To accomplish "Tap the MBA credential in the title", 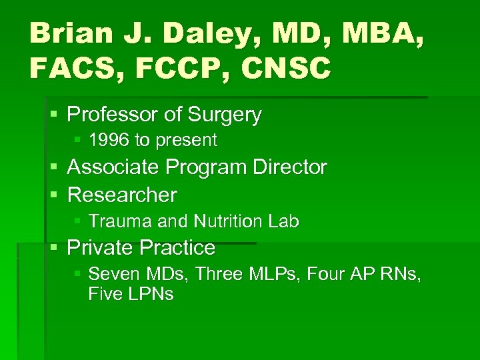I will click(389, 33).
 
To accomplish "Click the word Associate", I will click(114, 167).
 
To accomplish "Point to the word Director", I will click(289, 167).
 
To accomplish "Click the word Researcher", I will click(122, 195).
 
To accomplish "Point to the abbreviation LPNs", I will click(148, 295).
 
